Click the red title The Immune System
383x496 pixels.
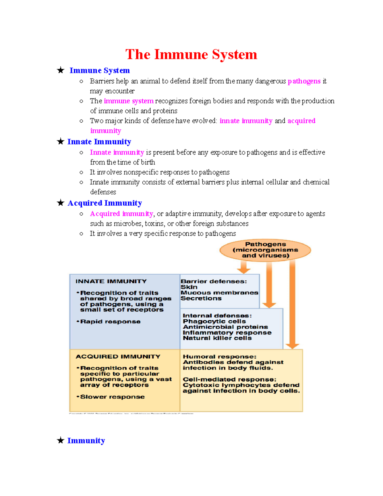click(191, 54)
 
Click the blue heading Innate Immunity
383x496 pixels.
click(99, 141)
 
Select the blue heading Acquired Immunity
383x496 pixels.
click(105, 203)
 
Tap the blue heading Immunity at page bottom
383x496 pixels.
click(86, 441)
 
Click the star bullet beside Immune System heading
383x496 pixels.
click(61, 70)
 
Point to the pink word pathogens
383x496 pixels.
click(304, 81)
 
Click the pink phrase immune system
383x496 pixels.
click(129, 101)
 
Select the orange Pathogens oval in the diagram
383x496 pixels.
click(265, 250)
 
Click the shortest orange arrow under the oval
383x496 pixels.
click(244, 267)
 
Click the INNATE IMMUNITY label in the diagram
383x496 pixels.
click(111, 281)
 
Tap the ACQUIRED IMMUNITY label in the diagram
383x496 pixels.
click(118, 356)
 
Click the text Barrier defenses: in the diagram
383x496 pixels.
click(214, 281)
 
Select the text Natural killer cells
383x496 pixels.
click(217, 338)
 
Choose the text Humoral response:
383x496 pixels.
click(219, 356)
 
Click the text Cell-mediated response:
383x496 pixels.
click(229, 379)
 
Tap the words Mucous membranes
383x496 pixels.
click(219, 293)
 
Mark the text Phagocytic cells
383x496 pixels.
click(214, 321)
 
